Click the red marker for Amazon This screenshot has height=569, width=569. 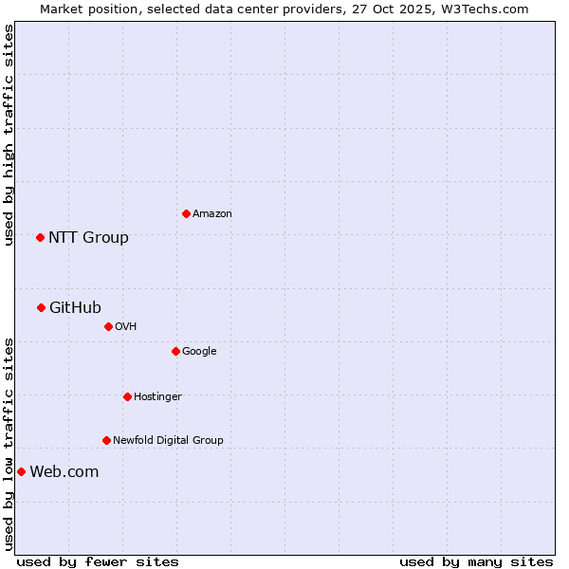186,213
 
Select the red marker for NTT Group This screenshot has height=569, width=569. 40,237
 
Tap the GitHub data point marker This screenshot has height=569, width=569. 41,307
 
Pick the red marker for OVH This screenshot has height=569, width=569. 108,326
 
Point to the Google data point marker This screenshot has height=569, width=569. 175,351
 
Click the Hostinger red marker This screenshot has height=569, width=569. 127,396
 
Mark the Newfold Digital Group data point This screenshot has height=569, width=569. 106,440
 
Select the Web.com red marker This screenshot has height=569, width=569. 21,471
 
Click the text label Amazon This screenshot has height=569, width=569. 212,214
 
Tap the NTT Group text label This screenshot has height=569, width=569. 88,237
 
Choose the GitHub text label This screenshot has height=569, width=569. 75,307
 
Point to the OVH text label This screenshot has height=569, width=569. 126,327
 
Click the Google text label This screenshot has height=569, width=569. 199,352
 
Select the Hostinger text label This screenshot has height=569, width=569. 157,397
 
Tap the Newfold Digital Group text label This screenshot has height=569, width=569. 168,441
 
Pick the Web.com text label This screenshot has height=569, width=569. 64,472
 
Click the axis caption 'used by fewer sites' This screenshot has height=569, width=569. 98,561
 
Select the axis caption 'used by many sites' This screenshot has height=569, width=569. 476,561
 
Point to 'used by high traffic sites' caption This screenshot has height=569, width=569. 9,135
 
